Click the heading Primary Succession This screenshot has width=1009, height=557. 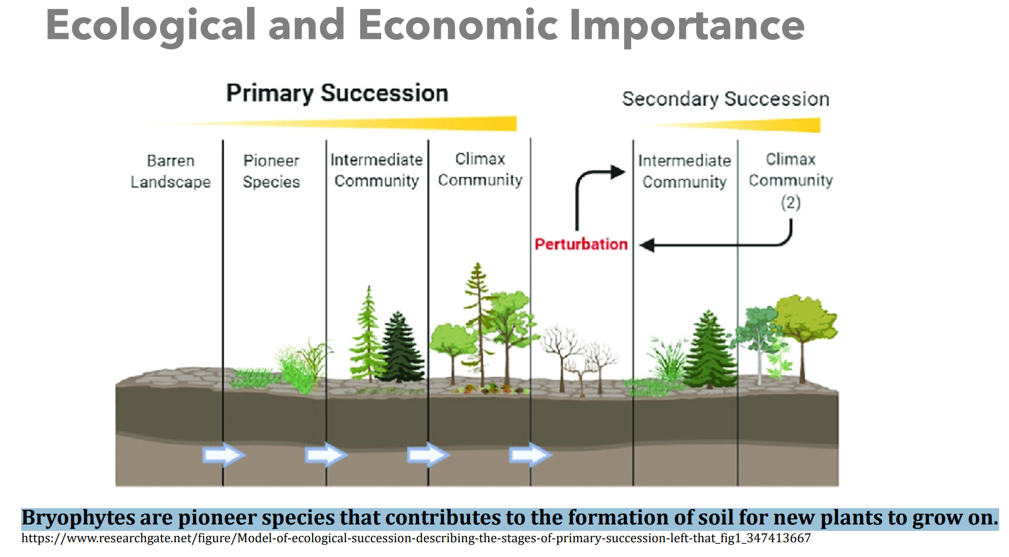click(x=337, y=93)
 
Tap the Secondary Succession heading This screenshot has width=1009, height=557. click(x=725, y=99)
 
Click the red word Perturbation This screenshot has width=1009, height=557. click(x=581, y=244)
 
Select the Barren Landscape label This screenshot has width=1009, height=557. click(x=171, y=171)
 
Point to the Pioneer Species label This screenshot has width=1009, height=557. click(x=271, y=171)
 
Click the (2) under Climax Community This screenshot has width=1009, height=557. click(x=791, y=202)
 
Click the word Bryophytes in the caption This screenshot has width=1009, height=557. click(x=78, y=518)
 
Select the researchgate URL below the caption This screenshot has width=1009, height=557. click(x=416, y=538)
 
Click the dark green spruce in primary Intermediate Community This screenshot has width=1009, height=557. click(x=400, y=348)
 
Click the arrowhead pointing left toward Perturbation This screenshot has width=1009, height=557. click(x=648, y=245)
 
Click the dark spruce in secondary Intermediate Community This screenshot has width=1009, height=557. click(x=709, y=350)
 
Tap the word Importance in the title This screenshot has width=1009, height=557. click(x=687, y=26)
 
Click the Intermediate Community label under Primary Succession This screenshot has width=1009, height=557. click(x=376, y=170)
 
